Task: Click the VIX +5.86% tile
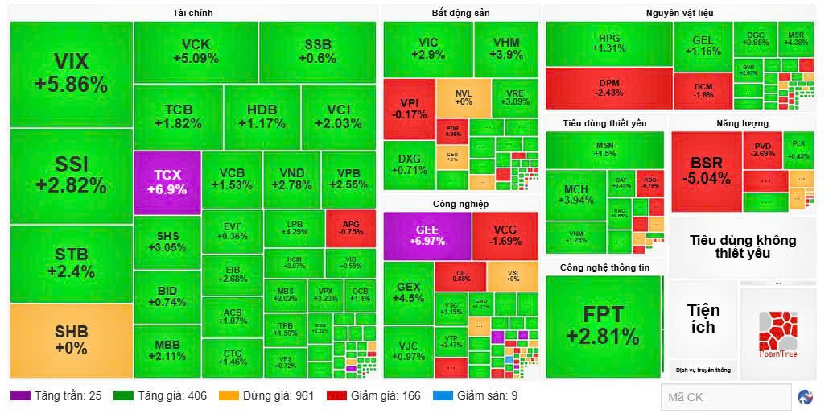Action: tap(71, 73)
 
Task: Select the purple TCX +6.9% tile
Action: tap(167, 182)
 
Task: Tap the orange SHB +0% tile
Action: tap(71, 340)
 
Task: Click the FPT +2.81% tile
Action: tap(603, 326)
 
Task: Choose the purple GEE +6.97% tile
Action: tap(427, 235)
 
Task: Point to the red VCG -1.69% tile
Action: tap(505, 235)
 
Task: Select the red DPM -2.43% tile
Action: tap(609, 88)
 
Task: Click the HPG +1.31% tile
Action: tap(609, 43)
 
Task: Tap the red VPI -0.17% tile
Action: tap(408, 108)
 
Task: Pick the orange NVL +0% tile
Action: tap(463, 97)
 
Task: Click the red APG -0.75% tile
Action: tap(351, 228)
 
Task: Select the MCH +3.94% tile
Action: tap(575, 195)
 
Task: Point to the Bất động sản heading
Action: tap(460, 13)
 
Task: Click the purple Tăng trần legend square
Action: tap(19, 395)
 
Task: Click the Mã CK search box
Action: tap(725, 397)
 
